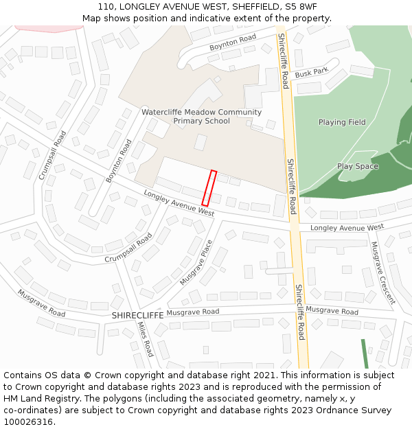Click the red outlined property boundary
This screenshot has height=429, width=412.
209,188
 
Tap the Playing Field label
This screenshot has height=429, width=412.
342,122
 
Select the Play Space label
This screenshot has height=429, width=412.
358,166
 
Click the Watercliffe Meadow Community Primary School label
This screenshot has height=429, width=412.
201,117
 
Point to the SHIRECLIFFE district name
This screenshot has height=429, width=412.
137,314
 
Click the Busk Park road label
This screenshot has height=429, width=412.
312,72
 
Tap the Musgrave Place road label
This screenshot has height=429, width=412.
196,263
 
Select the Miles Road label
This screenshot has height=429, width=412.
145,340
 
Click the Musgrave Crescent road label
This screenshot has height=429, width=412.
382,273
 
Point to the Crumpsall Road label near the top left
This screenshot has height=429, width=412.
52,155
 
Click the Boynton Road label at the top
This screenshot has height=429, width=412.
233,43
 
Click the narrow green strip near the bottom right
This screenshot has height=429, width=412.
365,353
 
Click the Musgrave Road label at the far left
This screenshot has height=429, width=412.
41,303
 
